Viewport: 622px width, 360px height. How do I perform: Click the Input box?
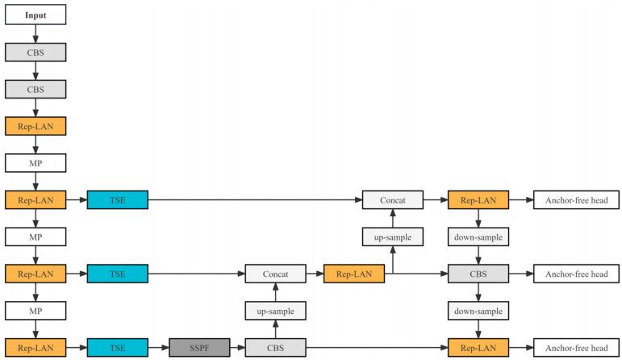coord(35,15)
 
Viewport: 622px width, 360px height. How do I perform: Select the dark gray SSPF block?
coord(199,348)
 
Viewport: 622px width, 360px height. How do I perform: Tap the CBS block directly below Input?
coord(35,52)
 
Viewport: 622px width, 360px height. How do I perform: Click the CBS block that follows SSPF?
coord(276,348)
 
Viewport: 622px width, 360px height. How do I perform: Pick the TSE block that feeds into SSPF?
coord(117,348)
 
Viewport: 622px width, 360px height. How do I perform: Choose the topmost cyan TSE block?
coord(117,199)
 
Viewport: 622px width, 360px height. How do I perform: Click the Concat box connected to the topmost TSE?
coord(392,199)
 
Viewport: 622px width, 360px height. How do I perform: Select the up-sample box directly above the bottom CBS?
coord(276,311)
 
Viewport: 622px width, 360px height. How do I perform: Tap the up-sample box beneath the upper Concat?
coord(392,237)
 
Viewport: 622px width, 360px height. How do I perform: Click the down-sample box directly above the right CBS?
coord(478,237)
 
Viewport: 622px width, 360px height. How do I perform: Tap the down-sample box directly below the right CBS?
coord(478,311)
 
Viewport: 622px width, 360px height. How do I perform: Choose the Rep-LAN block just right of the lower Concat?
coord(353,274)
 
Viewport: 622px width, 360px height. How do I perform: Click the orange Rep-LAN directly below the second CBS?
coord(35,126)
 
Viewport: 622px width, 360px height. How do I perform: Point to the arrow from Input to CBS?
coord(35,34)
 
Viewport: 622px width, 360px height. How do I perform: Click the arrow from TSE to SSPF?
coord(158,348)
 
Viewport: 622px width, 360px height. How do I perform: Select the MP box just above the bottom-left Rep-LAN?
coord(35,311)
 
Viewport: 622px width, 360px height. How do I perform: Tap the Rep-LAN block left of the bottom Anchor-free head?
coord(478,348)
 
